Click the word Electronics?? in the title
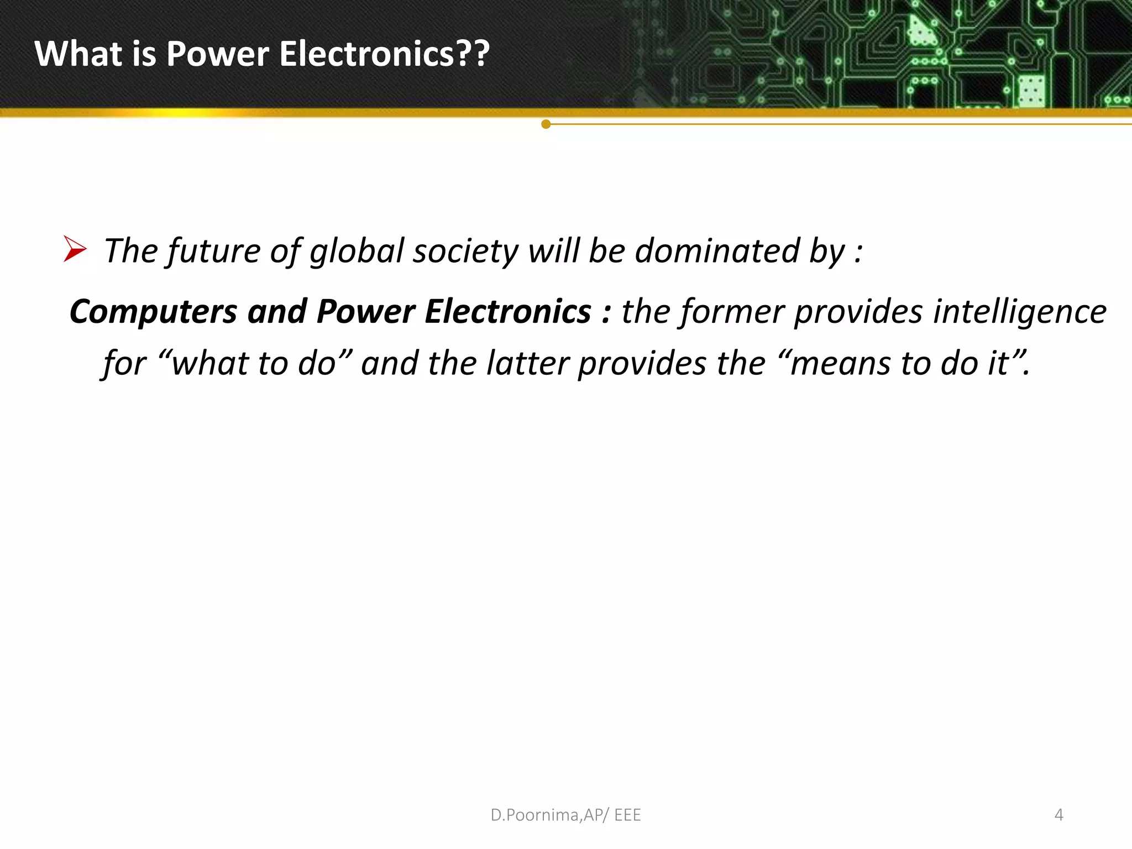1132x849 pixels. coord(384,54)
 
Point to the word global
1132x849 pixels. coord(357,251)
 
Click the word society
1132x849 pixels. coord(465,251)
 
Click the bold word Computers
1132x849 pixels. coord(153,312)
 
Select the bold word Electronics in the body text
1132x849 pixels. coord(507,312)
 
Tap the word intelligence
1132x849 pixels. coord(1019,312)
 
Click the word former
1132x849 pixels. coord(732,312)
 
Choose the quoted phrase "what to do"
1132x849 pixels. coord(255,364)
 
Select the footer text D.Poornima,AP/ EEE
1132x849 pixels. coord(565,815)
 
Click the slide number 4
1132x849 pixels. coord(1058,815)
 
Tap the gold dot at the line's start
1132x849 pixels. coord(546,124)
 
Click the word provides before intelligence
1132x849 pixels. coord(858,312)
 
